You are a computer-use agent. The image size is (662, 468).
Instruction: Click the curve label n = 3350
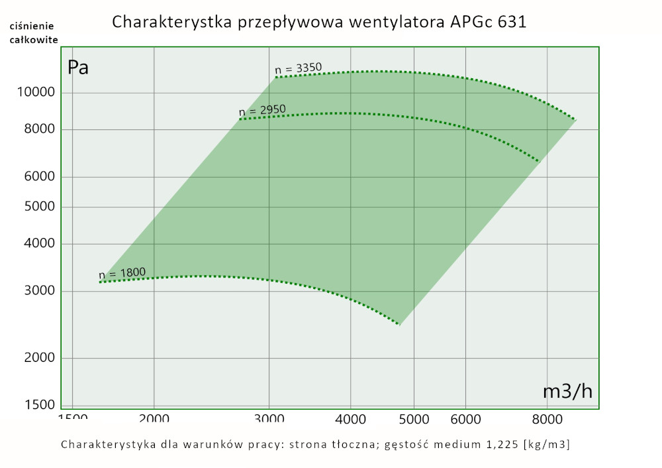click(298, 68)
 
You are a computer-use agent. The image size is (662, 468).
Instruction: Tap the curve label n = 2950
click(262, 110)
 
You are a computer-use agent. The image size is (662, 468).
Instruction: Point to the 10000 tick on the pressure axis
click(37, 93)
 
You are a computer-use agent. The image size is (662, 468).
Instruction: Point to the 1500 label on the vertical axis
click(40, 405)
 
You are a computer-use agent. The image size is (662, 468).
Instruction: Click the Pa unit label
click(78, 68)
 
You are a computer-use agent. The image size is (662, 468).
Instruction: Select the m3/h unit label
click(567, 391)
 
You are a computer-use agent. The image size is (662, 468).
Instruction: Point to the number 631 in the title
click(512, 22)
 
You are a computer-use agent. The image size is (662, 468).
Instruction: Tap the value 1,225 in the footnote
click(499, 444)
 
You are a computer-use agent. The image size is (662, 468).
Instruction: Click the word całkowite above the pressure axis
click(33, 39)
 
